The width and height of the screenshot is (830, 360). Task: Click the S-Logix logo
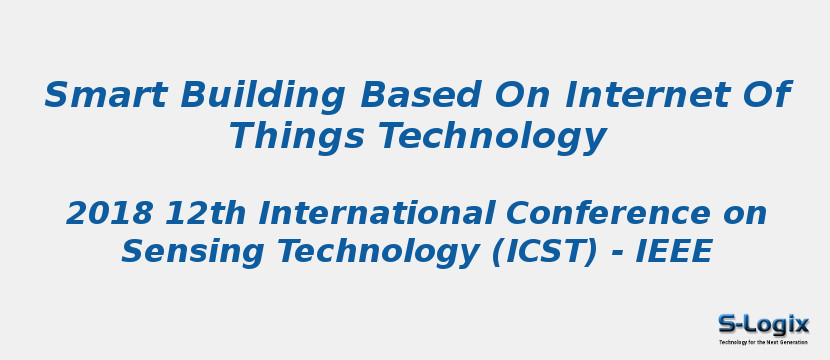pyautogui.click(x=763, y=323)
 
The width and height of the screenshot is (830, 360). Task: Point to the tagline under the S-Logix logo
pyautogui.click(x=763, y=342)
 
